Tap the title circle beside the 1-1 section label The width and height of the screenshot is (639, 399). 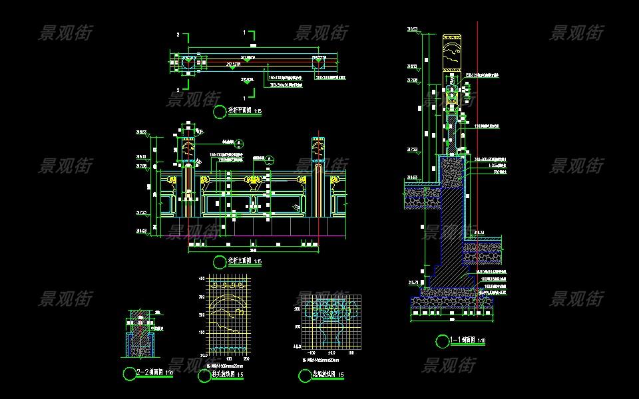point(442,341)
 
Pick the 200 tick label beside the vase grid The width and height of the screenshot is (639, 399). point(297,309)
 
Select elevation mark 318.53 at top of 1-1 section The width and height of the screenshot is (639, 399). point(413,29)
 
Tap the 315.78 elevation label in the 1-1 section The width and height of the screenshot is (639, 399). point(413,283)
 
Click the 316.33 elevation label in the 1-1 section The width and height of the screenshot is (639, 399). point(479,231)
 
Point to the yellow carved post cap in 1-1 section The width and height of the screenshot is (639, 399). point(452,50)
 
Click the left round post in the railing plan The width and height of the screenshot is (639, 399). point(188,63)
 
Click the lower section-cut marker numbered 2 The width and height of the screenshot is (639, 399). point(180,89)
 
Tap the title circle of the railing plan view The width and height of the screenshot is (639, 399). point(220,112)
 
